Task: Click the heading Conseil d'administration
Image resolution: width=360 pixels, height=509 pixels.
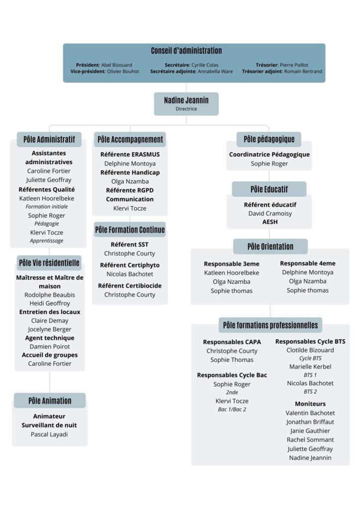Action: pyautogui.click(x=186, y=51)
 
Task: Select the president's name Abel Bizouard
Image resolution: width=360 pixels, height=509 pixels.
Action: pyautogui.click(x=116, y=65)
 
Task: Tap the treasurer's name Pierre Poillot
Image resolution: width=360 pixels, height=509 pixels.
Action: pyautogui.click(x=294, y=65)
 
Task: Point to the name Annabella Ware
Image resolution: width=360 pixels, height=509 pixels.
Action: pyautogui.click(x=215, y=72)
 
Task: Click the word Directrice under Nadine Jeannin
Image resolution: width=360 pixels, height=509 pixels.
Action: pyautogui.click(x=186, y=109)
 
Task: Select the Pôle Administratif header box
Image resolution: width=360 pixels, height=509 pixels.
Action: pyautogui.click(x=49, y=139)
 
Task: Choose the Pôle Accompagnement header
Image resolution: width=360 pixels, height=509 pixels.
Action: pyautogui.click(x=130, y=139)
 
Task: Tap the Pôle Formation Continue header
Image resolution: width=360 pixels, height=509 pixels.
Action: pyautogui.click(x=130, y=230)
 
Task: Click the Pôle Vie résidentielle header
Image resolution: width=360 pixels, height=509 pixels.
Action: pyautogui.click(x=49, y=262)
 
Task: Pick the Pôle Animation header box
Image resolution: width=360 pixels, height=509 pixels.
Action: pyautogui.click(x=50, y=401)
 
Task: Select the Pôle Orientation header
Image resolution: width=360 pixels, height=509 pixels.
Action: pyautogui.click(x=270, y=247)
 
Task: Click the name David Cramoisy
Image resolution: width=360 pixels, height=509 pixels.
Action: pyautogui.click(x=270, y=213)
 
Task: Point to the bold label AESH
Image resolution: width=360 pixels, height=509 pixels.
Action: pyautogui.click(x=270, y=222)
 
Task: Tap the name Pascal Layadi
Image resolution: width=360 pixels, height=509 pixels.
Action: pyautogui.click(x=49, y=434)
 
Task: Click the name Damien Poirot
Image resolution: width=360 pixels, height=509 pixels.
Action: pyautogui.click(x=50, y=346)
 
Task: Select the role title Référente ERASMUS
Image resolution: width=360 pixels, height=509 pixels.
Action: pyautogui.click(x=130, y=155)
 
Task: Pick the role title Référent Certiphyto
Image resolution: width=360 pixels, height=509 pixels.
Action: pyautogui.click(x=130, y=265)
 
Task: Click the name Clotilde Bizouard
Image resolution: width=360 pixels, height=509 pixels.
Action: pyautogui.click(x=310, y=350)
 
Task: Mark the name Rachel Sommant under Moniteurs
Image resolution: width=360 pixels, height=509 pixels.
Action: pyautogui.click(x=310, y=439)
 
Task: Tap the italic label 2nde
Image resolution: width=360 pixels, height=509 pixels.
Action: pyautogui.click(x=232, y=393)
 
